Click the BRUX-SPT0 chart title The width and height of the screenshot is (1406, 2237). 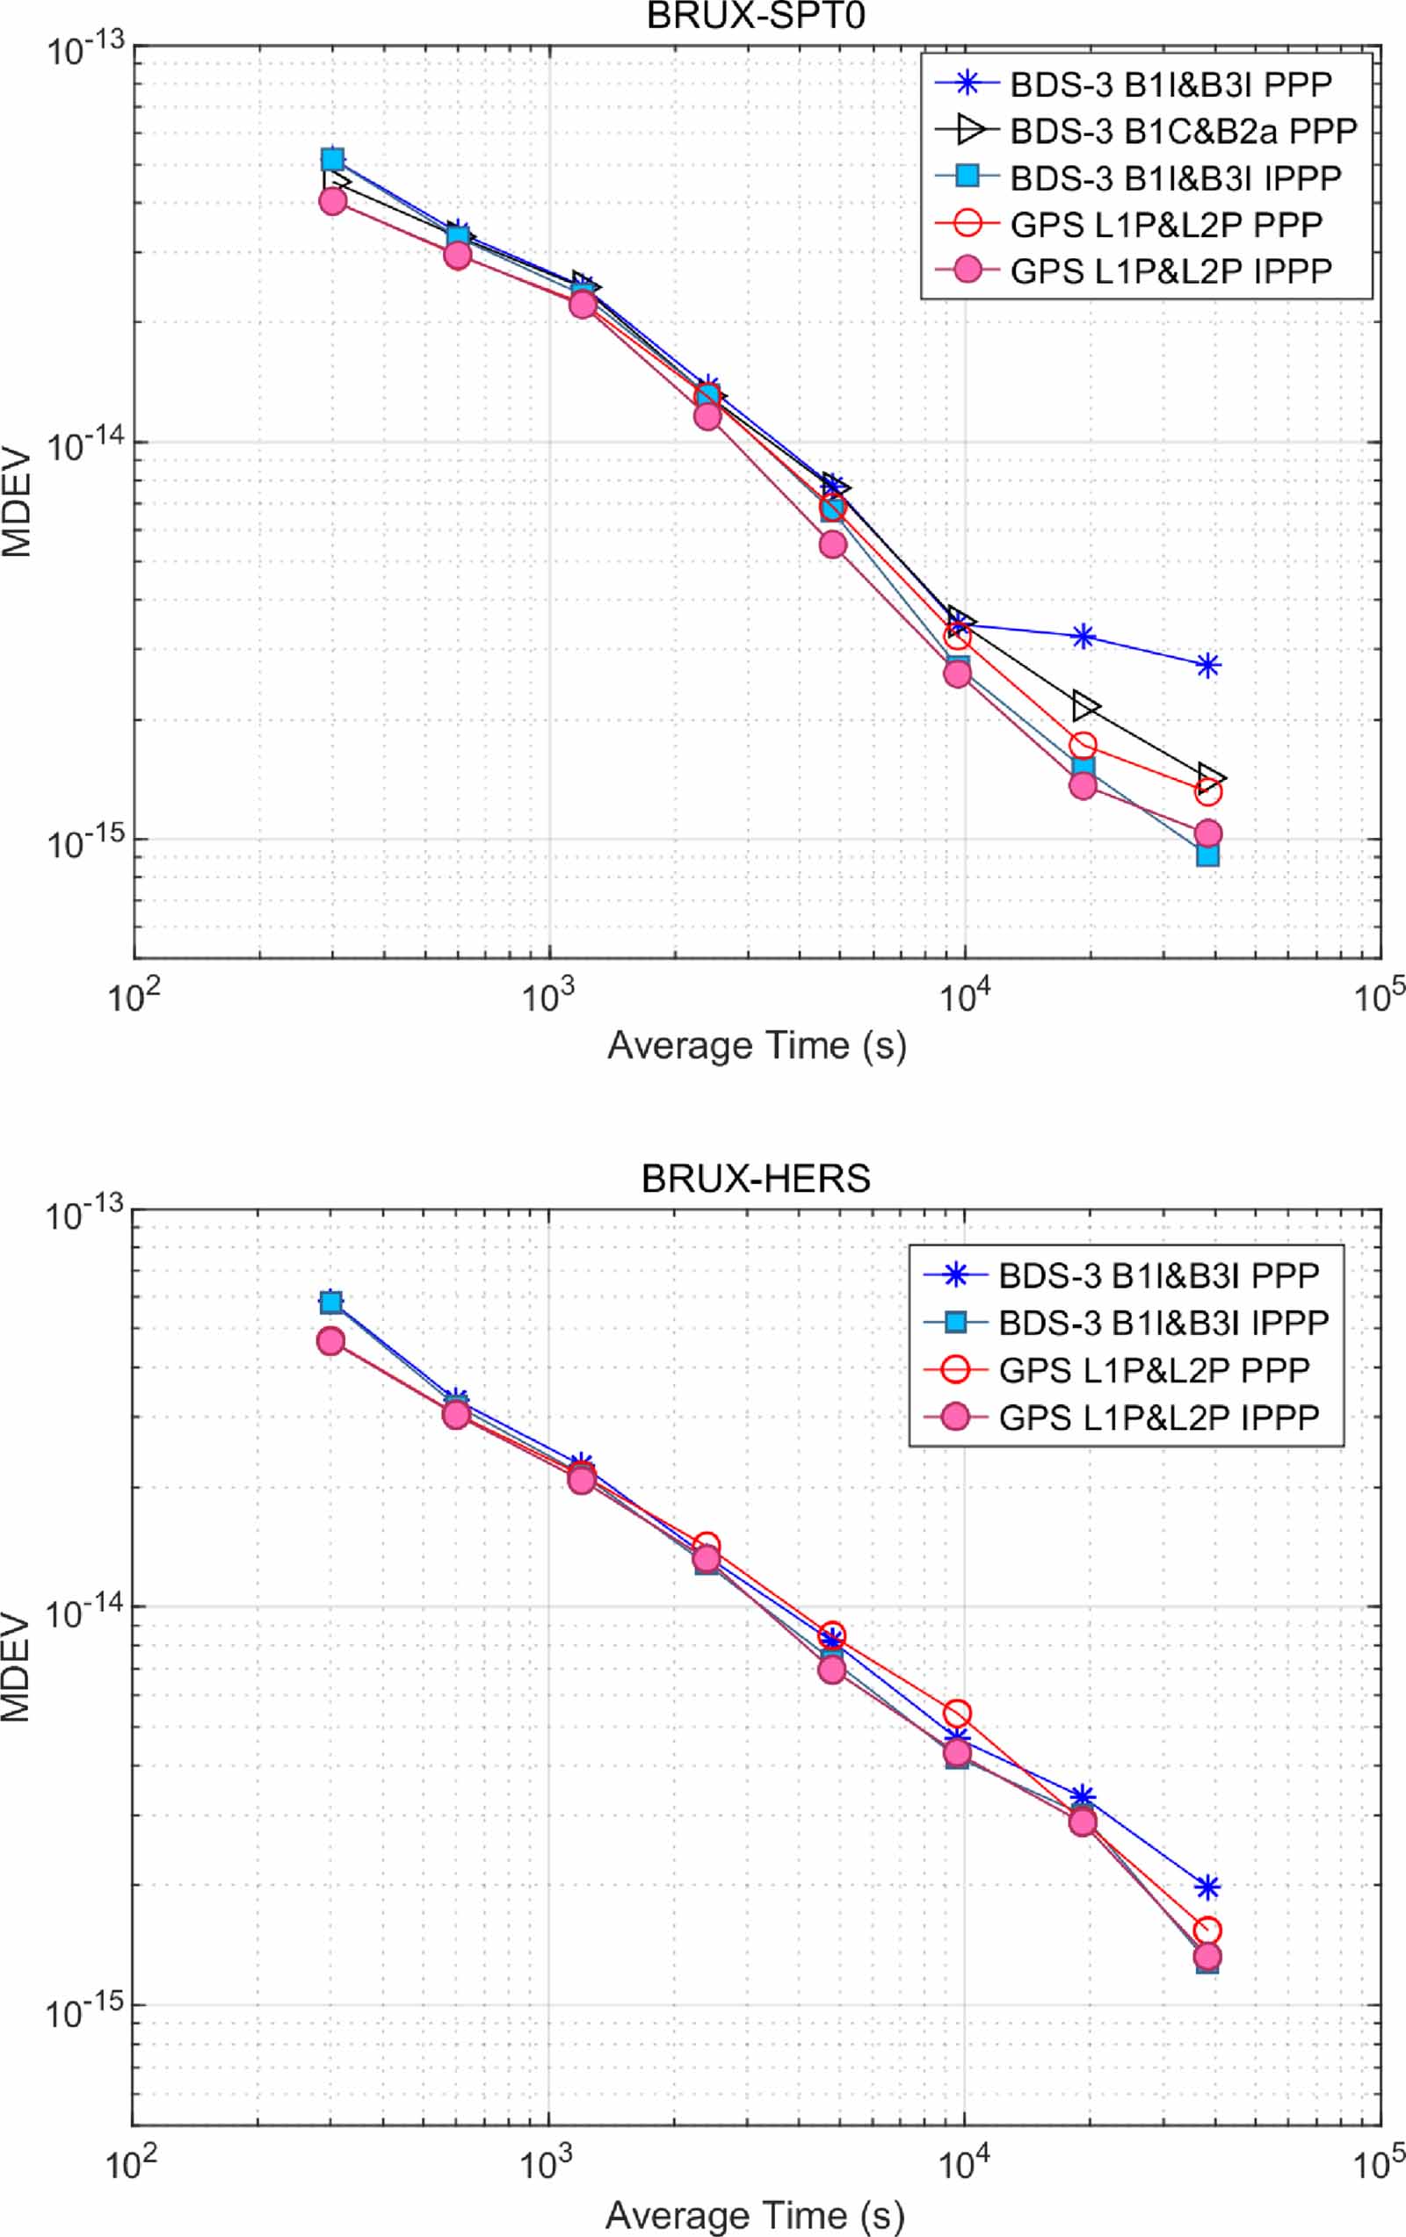(756, 17)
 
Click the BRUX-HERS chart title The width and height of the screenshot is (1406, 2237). (756, 1179)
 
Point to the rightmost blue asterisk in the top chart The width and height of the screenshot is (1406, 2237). (1207, 665)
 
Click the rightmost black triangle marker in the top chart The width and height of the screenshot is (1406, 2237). (1210, 776)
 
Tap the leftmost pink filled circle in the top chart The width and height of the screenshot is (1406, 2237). (333, 200)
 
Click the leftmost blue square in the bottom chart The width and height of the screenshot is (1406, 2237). (330, 1303)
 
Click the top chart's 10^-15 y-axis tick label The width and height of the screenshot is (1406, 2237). (85, 844)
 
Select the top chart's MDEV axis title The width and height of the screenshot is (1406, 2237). (17, 504)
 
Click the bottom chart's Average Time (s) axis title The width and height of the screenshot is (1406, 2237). (755, 2216)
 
